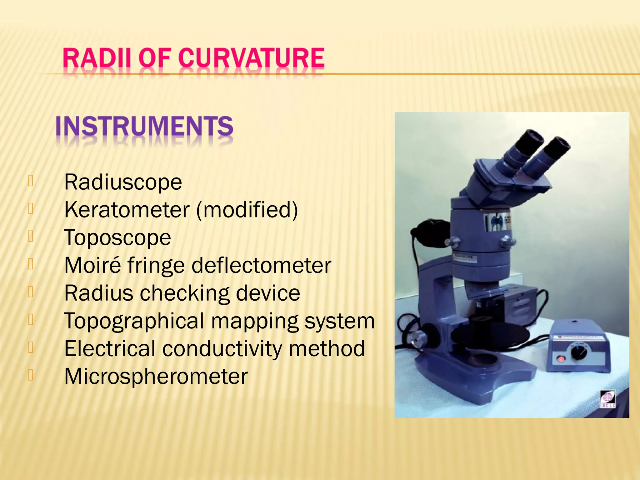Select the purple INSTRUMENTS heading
144,126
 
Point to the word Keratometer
127,210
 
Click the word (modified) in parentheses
247,210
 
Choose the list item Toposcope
117,237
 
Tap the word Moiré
92,265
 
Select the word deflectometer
261,265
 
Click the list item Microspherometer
156,376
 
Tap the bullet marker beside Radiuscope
30,181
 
